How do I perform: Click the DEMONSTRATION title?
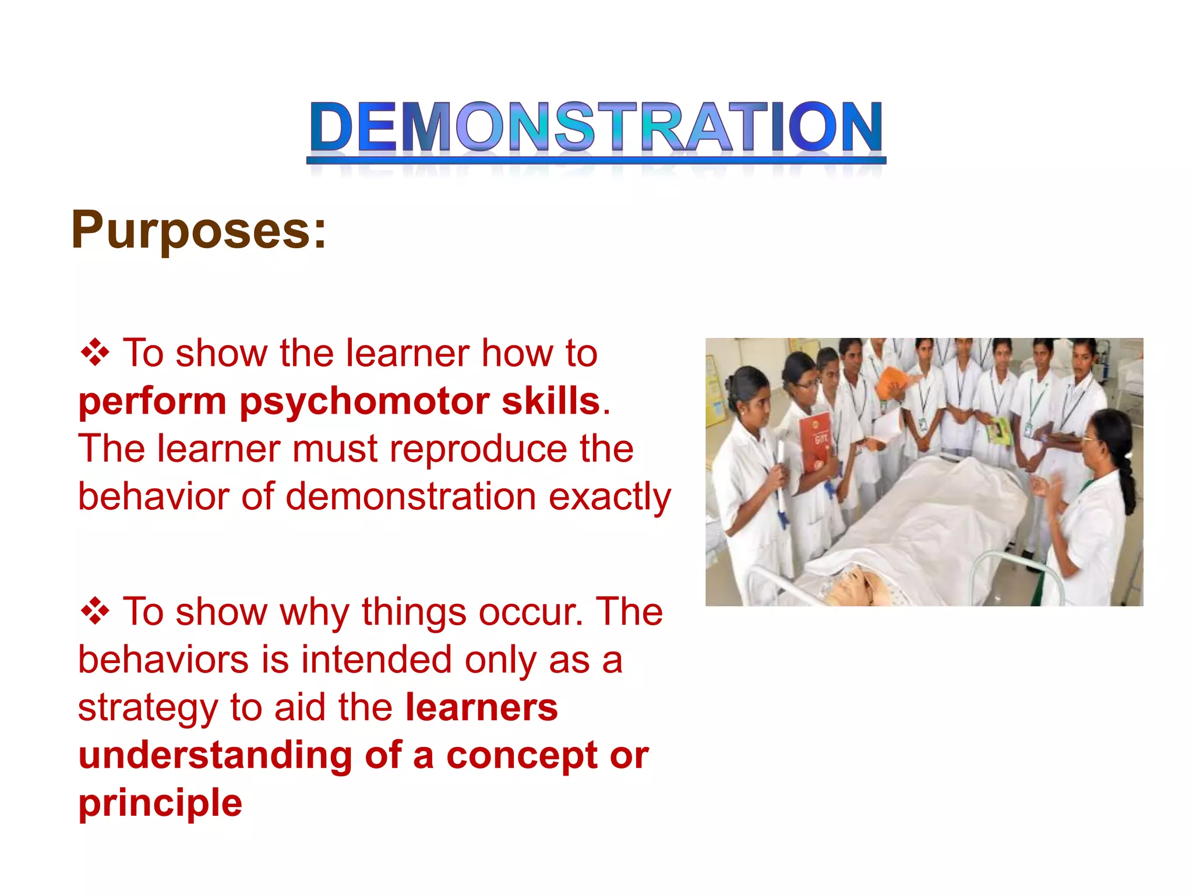tap(595, 127)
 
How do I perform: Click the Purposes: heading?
tap(199, 231)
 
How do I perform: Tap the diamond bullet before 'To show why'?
tap(95, 612)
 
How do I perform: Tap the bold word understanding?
tap(216, 756)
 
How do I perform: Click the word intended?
tap(376, 660)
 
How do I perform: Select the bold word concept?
tap(522, 756)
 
